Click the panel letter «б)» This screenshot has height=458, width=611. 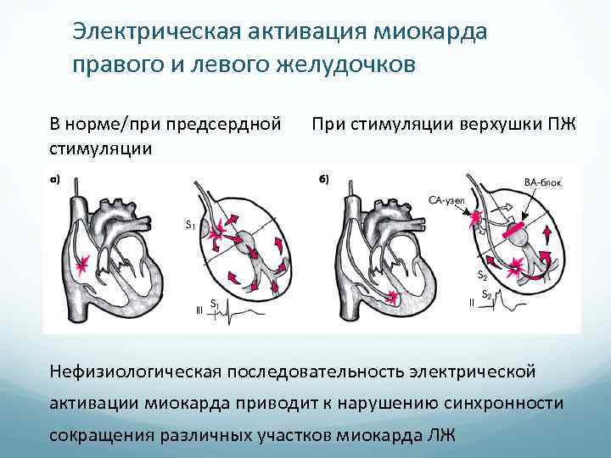(323, 179)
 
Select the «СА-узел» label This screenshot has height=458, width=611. (445, 201)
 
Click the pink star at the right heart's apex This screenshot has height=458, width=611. (392, 296)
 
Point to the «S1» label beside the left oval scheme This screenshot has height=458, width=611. (191, 226)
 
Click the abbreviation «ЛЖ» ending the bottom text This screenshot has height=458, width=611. (442, 436)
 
